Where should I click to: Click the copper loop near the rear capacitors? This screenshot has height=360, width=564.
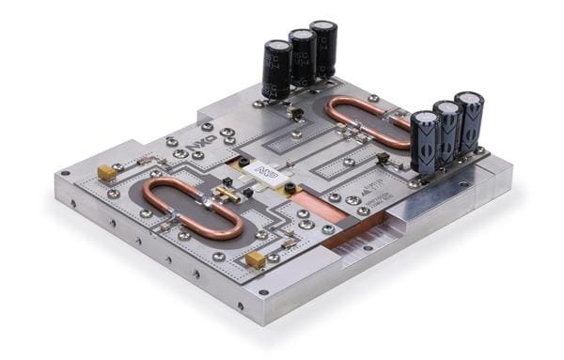(x=367, y=120)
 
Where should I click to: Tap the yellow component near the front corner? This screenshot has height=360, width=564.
(x=254, y=259)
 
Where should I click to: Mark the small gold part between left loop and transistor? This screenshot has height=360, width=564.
(x=227, y=194)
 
